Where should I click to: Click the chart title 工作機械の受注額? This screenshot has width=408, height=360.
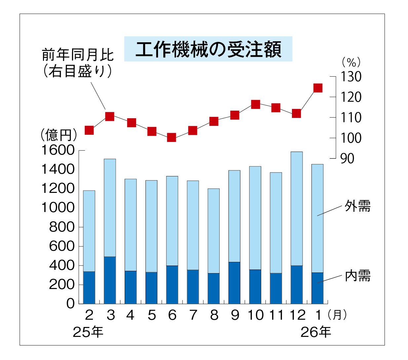pos(208,50)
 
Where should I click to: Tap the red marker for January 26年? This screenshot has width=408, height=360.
pos(318,88)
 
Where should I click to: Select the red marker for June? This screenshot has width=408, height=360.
pos(171,137)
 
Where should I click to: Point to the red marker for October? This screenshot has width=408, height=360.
pos(255,104)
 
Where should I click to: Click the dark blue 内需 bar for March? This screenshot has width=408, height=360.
pos(110,280)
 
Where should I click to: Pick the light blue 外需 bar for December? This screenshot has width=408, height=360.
pos(297,208)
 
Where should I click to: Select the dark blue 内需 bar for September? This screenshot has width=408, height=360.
pos(234,282)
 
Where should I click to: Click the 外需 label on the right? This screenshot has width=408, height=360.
pos(357,206)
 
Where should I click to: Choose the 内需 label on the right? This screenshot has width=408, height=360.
pos(357,276)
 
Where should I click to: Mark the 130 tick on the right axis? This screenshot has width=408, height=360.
pos(351,77)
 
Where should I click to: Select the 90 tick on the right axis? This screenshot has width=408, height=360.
pos(347,159)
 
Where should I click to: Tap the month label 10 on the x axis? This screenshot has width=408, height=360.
pos(256,315)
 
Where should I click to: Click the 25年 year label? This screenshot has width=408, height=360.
pos(88,332)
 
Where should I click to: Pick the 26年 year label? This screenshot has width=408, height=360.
pos(316,332)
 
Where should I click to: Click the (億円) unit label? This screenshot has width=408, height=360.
pos(59,135)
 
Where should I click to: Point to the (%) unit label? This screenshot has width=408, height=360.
pos(351,62)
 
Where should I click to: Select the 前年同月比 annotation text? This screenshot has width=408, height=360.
pos(78,55)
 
